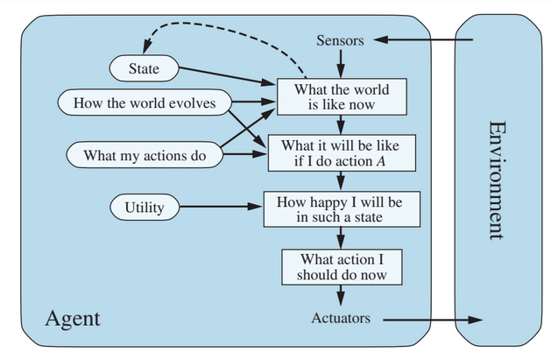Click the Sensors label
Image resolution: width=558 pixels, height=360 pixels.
(x=341, y=41)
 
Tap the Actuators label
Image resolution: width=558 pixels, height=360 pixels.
(x=341, y=318)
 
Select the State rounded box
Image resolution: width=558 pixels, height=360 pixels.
(x=144, y=67)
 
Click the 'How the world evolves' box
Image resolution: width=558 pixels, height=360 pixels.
(x=145, y=102)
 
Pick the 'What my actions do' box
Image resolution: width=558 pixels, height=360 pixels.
(x=145, y=155)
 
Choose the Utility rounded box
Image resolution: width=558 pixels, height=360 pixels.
(x=144, y=208)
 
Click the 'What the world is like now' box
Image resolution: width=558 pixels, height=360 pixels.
(x=342, y=96)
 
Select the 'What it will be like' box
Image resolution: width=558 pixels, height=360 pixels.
(x=342, y=152)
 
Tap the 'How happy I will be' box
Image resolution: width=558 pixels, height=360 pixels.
(x=342, y=208)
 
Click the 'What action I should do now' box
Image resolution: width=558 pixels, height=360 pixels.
(x=342, y=266)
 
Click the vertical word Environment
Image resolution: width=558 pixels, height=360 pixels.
(x=496, y=180)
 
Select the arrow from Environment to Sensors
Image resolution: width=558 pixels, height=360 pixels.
(x=420, y=40)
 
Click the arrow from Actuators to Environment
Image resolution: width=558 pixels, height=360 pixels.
(x=429, y=319)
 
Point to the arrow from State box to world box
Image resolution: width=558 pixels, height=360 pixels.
(x=228, y=75)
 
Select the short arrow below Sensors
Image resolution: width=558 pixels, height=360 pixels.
(x=342, y=62)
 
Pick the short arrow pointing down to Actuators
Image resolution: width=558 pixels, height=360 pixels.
(x=342, y=297)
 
